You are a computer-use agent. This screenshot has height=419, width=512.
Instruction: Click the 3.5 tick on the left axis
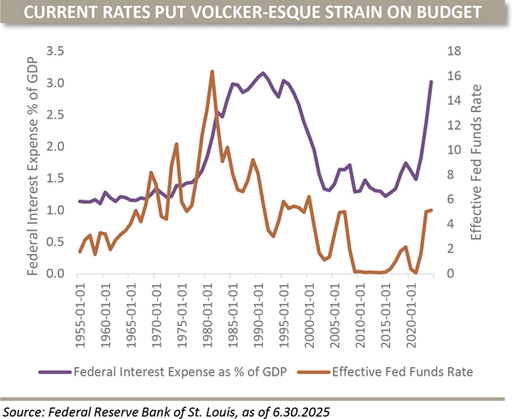[x=56, y=51]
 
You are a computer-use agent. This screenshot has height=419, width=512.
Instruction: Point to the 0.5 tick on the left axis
[x=56, y=242]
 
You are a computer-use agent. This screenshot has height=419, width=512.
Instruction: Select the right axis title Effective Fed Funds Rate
[x=478, y=162]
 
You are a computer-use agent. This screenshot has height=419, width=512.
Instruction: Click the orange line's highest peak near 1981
[x=212, y=72]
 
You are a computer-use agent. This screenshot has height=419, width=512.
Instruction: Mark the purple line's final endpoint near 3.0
[x=432, y=82]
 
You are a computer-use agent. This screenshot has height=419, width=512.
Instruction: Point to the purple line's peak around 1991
[x=263, y=73]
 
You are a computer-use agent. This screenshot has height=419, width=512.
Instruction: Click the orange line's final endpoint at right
[x=432, y=210]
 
